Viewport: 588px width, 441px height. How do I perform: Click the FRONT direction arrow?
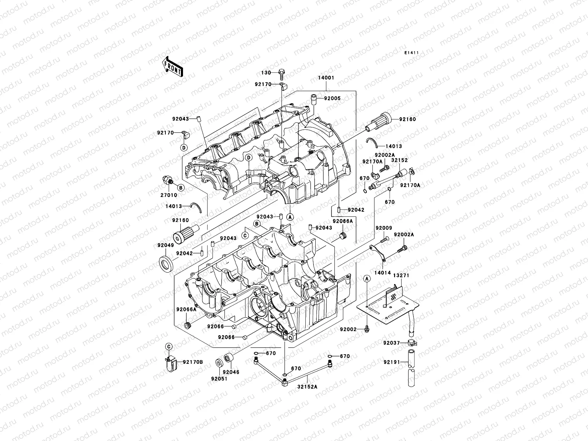click(172, 67)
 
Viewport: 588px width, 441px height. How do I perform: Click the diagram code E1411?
click(412, 53)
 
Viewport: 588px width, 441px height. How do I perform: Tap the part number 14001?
click(326, 78)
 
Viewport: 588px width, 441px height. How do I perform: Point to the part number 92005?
click(332, 98)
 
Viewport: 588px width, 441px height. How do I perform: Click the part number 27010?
click(169, 195)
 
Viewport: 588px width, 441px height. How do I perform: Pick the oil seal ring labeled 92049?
click(166, 264)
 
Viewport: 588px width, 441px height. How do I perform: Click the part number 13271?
click(401, 275)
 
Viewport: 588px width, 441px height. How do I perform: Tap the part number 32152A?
click(307, 387)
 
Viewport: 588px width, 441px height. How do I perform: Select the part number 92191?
click(392, 362)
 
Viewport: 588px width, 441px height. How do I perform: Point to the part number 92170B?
click(193, 362)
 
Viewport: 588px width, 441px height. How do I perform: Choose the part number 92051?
click(219, 379)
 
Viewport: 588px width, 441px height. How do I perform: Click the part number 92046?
click(231, 372)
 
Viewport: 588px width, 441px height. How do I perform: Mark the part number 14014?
click(383, 273)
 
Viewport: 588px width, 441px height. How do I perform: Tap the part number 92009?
click(384, 228)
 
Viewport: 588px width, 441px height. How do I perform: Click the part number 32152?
click(399, 160)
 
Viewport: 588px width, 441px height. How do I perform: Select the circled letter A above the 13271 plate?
click(367, 279)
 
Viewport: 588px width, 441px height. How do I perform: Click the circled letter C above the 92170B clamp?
click(169, 347)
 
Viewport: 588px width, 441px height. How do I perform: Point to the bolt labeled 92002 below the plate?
click(367, 329)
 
